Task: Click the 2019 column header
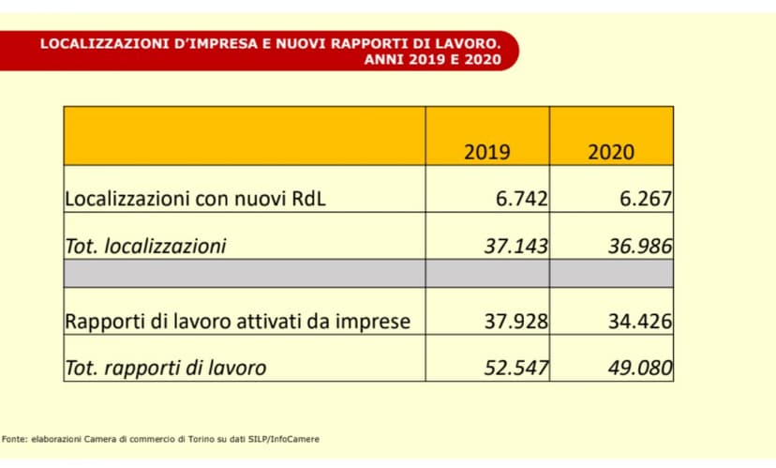pyautogui.click(x=487, y=152)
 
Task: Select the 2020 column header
pyautogui.click(x=611, y=152)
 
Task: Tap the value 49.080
pyautogui.click(x=639, y=368)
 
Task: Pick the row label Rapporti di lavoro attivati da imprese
pyautogui.click(x=237, y=321)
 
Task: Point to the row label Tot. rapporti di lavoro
pyautogui.click(x=165, y=368)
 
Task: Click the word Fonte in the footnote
pyautogui.click(x=14, y=438)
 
